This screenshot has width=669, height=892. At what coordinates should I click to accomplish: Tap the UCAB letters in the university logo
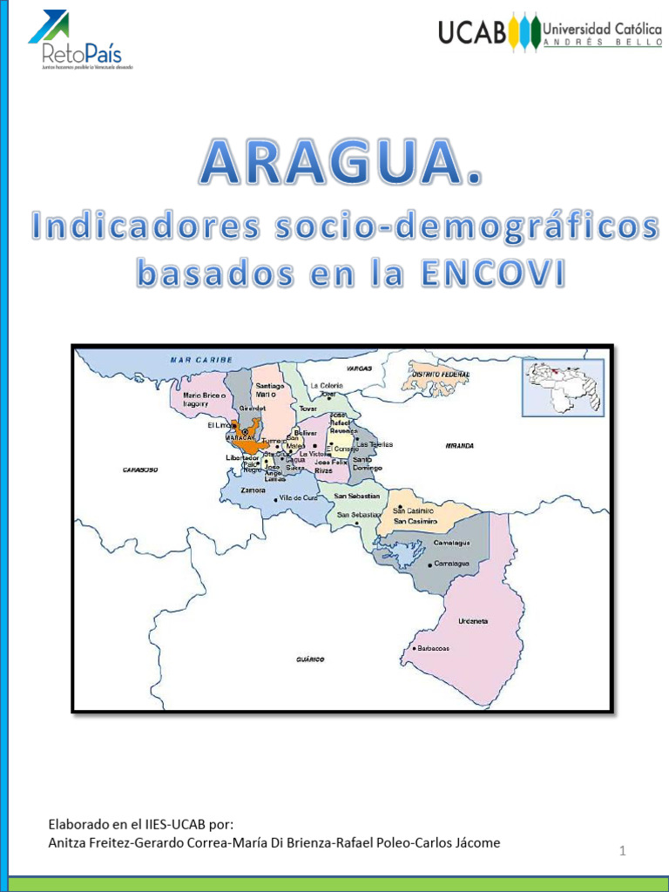pos(472,33)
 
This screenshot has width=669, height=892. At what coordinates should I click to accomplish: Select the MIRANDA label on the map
pos(459,445)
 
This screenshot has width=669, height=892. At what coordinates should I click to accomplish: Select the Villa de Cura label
pos(298,497)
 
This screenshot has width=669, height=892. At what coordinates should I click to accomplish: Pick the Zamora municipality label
pos(253,490)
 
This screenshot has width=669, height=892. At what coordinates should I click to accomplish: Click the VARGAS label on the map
pos(359,368)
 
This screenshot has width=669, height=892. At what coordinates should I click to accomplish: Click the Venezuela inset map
pos(562,388)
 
